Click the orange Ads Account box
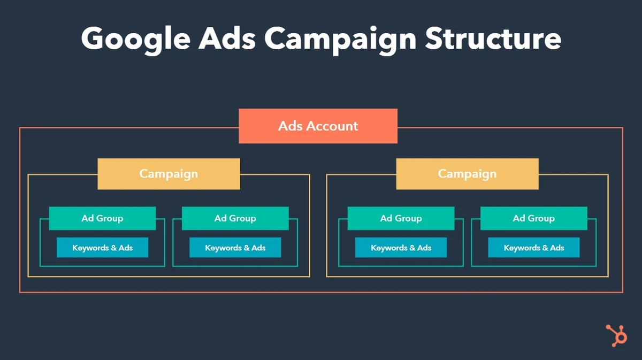[318, 126]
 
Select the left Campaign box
[169, 174]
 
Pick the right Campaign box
[467, 174]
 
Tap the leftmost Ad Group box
[102, 218]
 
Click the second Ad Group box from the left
[235, 218]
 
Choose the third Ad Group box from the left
[401, 218]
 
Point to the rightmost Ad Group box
[533, 218]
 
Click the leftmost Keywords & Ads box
[102, 248]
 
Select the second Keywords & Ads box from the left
[235, 248]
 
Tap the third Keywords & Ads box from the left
[401, 248]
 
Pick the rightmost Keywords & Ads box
[533, 248]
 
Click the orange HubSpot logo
[616, 335]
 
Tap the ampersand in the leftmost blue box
[112, 248]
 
